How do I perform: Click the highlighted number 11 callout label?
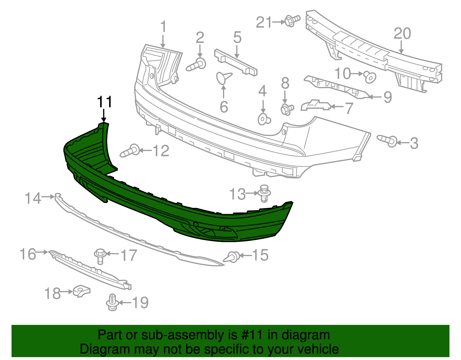(x=104, y=102)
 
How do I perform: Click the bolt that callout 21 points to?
(x=292, y=21)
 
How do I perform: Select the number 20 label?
(x=402, y=34)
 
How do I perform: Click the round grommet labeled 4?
(x=263, y=119)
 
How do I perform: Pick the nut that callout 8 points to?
(x=286, y=109)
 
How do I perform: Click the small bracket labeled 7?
(x=315, y=105)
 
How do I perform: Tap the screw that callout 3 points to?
(x=388, y=140)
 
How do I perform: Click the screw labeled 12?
(x=130, y=151)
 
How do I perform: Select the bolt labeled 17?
(x=100, y=255)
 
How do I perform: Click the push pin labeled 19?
(x=112, y=303)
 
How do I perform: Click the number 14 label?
(x=33, y=198)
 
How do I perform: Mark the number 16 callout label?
(x=28, y=254)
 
